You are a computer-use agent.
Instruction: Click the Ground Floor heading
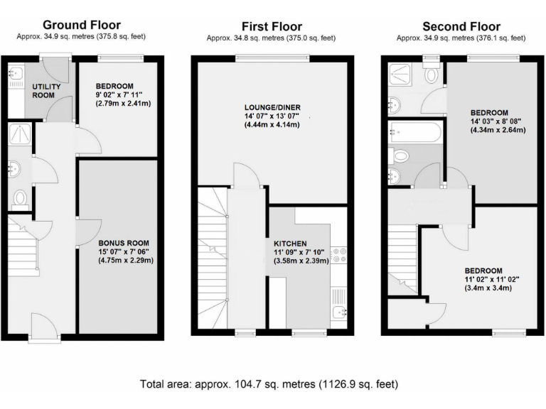tap(82, 26)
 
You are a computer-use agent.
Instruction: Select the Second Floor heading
tap(461, 27)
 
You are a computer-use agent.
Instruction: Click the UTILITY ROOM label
tap(46, 91)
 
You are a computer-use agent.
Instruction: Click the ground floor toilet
tap(20, 199)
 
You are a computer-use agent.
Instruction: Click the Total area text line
tap(272, 384)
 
